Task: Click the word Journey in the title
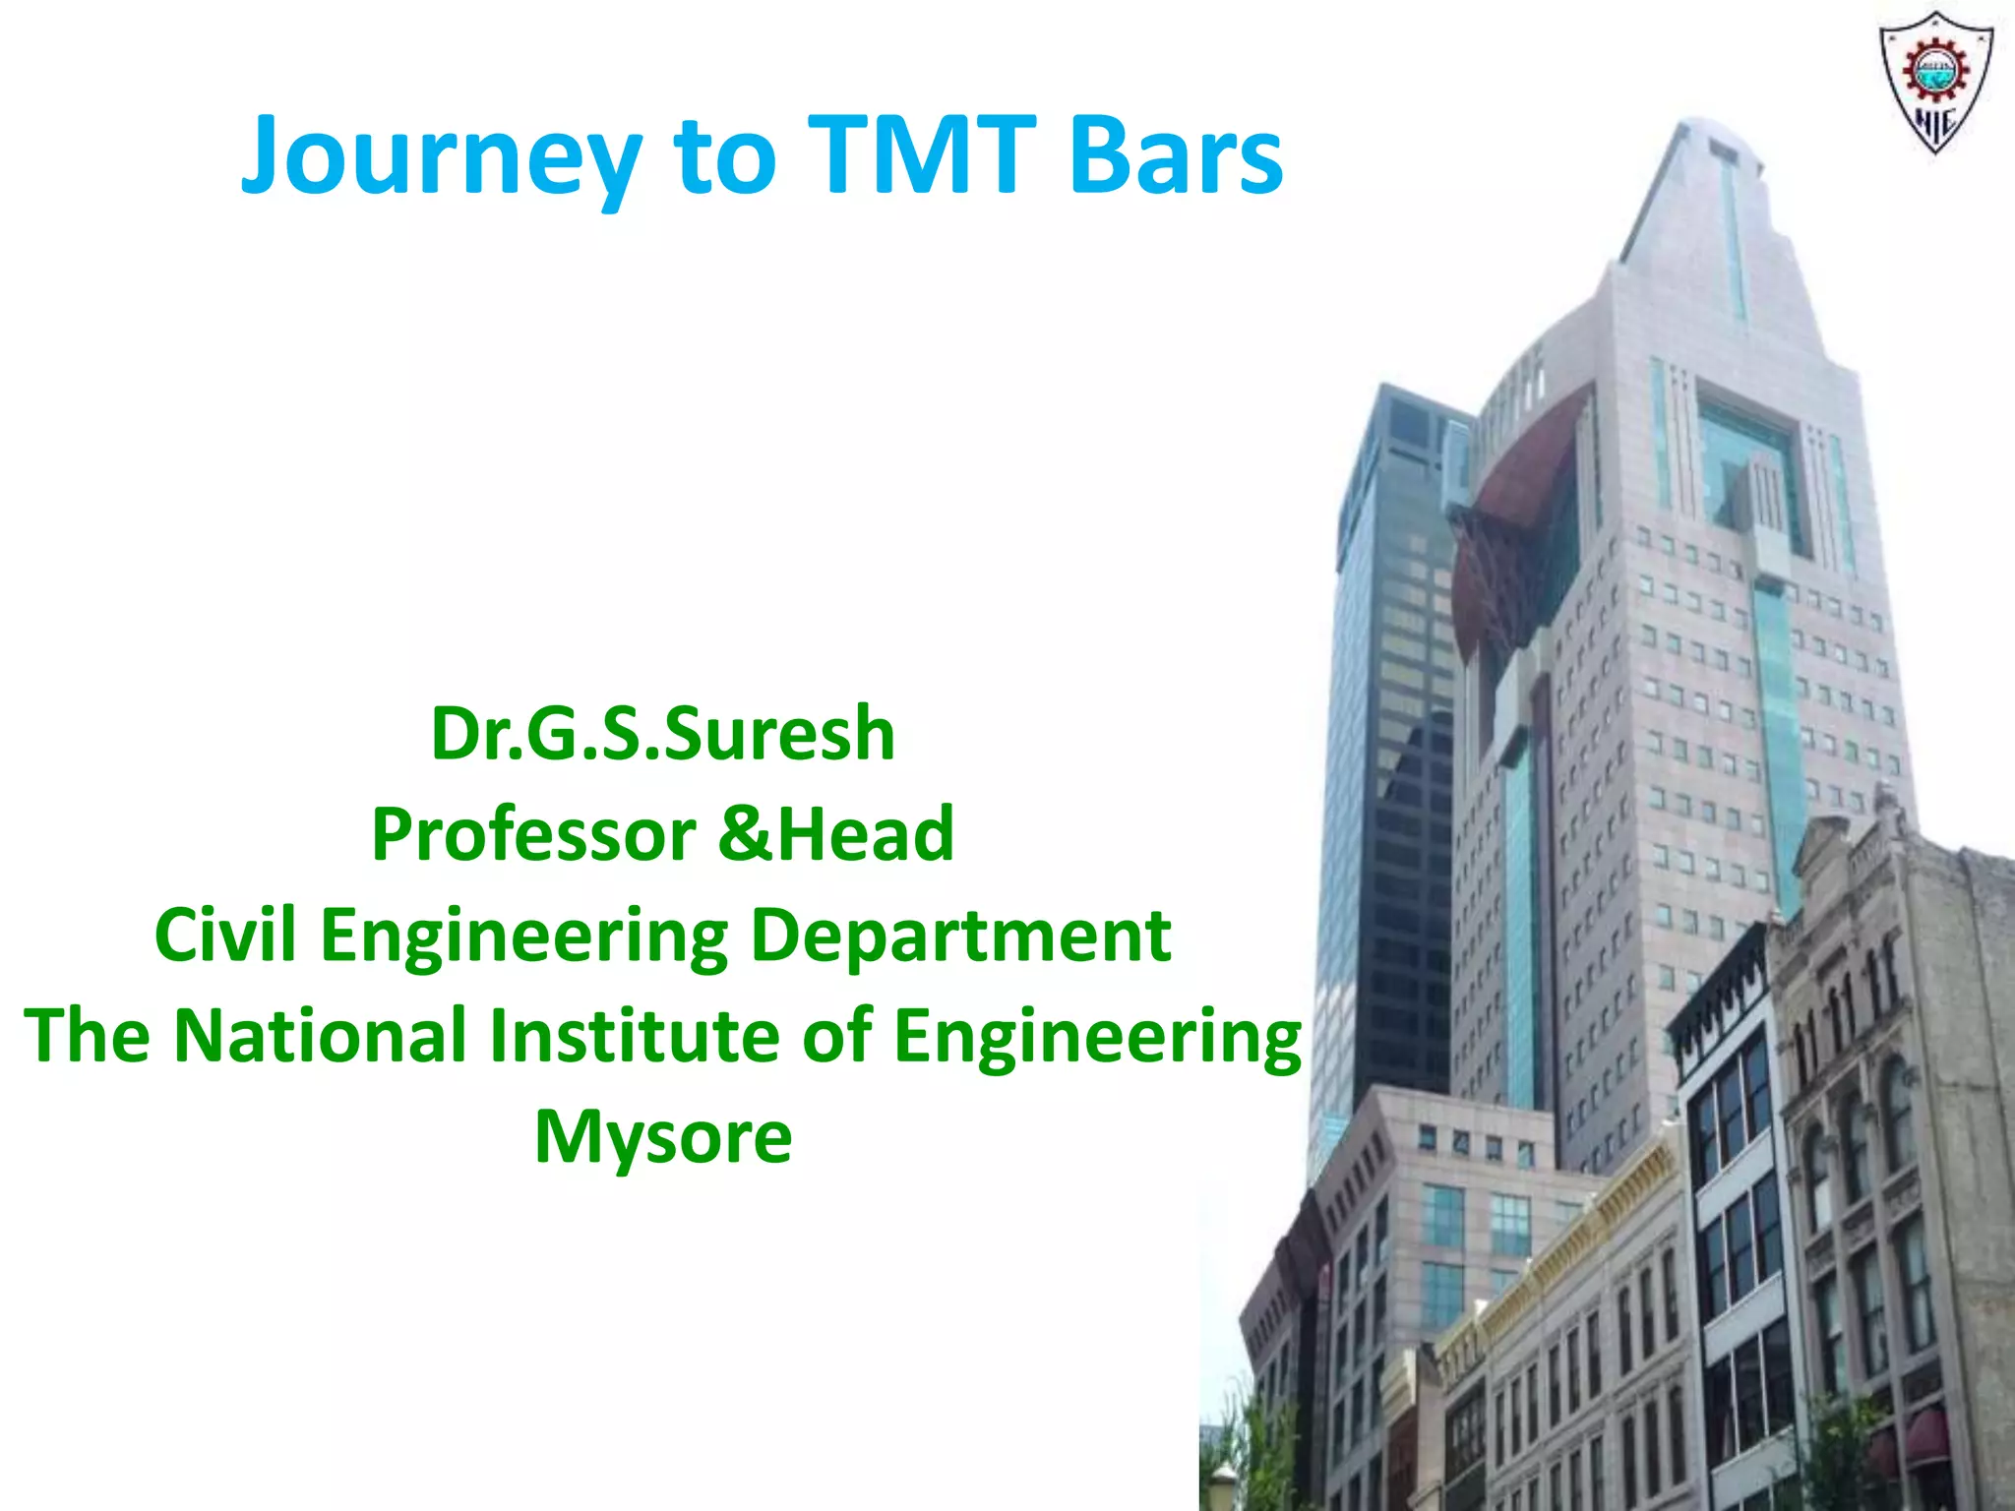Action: click(442, 157)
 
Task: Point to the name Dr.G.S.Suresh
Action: click(662, 734)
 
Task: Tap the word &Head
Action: click(836, 834)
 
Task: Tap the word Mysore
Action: click(662, 1137)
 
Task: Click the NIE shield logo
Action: click(1934, 84)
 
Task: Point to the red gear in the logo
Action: click(1934, 69)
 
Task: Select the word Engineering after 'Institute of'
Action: click(1096, 1037)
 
